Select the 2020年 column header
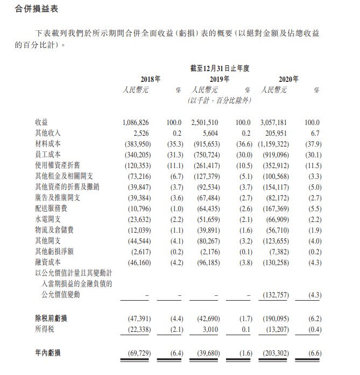[x=288, y=79]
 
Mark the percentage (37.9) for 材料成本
[x=312, y=144]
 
